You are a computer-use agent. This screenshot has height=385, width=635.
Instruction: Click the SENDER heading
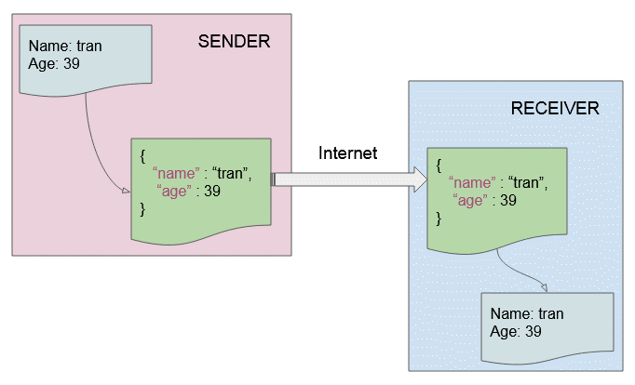pos(234,41)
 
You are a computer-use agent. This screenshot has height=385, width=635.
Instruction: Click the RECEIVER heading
pos(555,109)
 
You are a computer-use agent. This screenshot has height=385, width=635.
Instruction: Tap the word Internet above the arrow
pos(347,153)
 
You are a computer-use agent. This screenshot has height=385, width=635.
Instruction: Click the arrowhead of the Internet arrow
pos(420,179)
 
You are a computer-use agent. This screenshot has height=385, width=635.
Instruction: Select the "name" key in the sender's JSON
pos(176,173)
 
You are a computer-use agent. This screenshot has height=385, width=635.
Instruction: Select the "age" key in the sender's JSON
pos(174,191)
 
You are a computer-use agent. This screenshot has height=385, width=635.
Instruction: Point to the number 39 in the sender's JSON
pos(212,191)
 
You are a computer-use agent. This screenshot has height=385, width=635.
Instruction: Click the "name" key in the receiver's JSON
pos(472,182)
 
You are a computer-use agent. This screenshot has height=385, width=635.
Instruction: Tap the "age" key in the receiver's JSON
pos(470,200)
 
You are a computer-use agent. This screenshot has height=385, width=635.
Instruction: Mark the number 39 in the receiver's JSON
pos(508,200)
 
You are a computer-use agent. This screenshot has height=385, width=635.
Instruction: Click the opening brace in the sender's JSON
pos(142,156)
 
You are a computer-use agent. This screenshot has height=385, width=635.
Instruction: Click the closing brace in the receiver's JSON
pos(439,219)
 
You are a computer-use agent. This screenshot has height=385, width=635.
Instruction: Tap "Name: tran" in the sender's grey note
pos(65,46)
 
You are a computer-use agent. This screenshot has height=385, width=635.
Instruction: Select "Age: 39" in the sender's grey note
pos(54,63)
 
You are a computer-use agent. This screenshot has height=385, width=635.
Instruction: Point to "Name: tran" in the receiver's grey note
pos(527,313)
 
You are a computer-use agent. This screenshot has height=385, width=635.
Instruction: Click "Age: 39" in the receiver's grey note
pos(516,331)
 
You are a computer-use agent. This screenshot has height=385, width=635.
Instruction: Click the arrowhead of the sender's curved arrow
pos(126,191)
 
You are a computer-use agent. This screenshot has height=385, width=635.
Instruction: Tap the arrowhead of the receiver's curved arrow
pos(544,287)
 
